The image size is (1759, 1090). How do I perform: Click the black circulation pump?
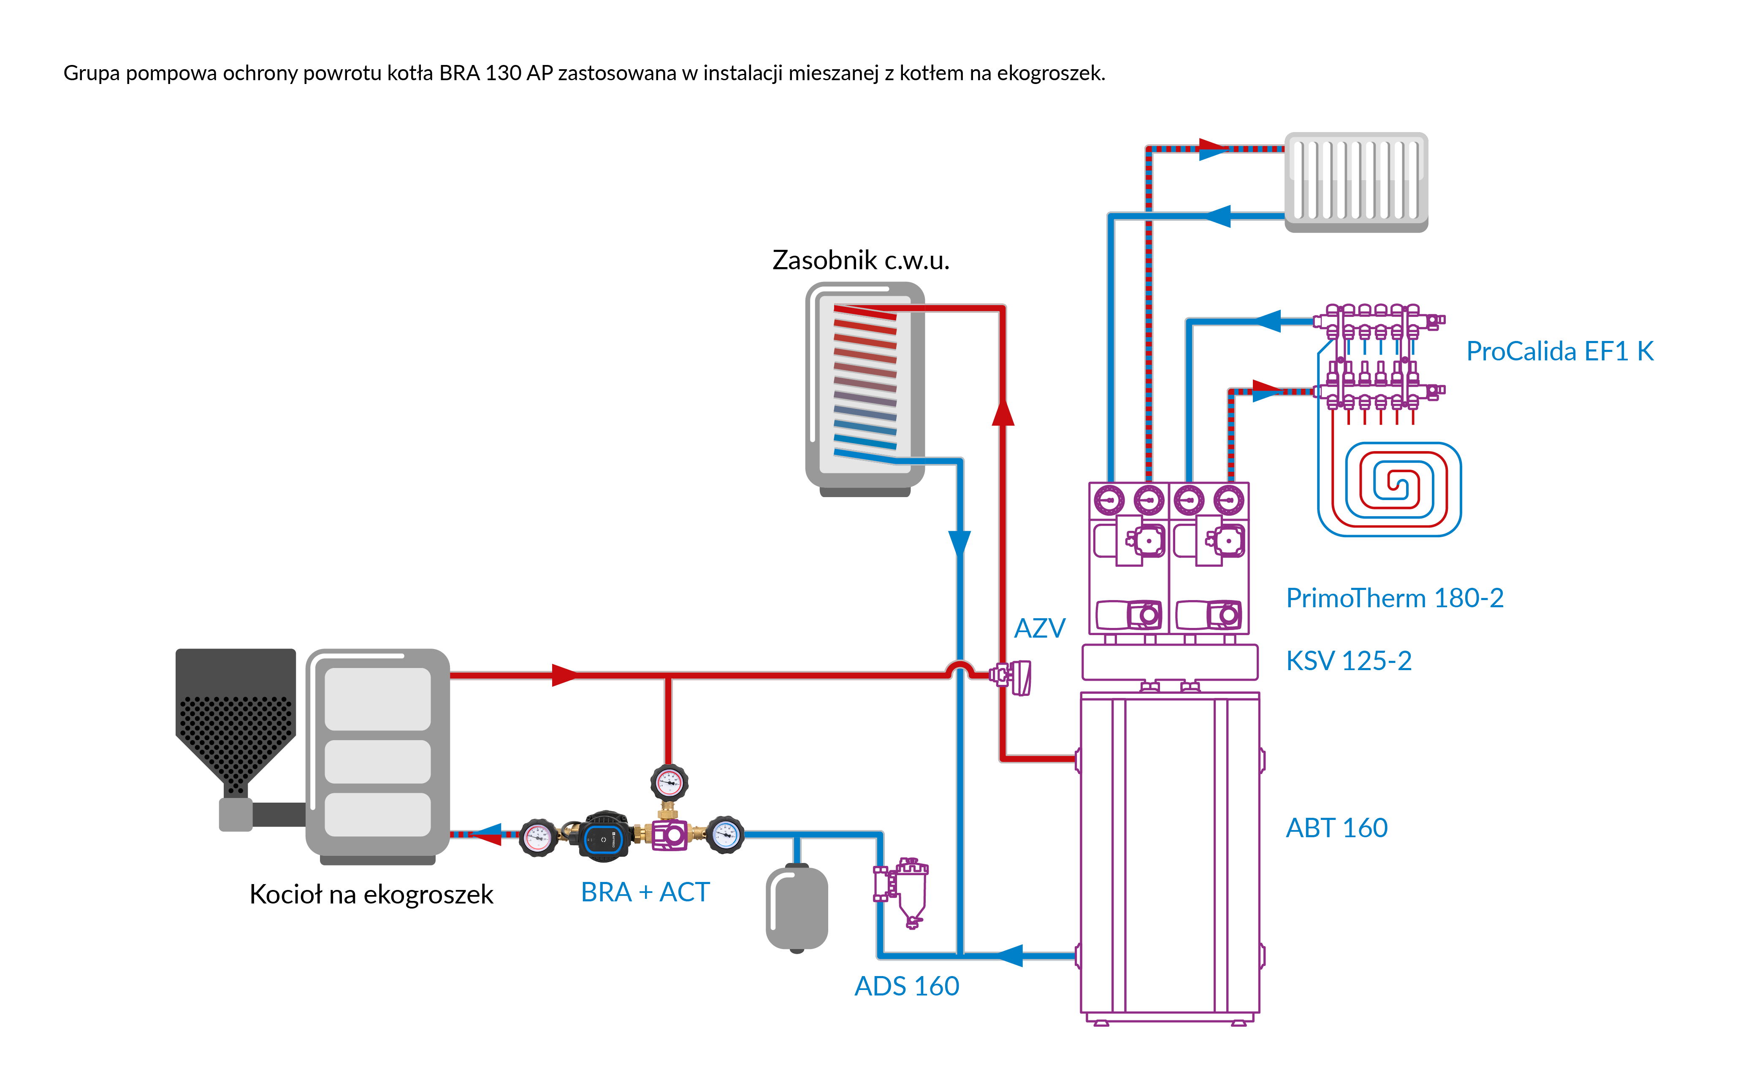tap(604, 837)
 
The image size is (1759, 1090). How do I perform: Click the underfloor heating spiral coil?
tap(1389, 489)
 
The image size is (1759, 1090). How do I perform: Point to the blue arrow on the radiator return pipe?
tap(1217, 216)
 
